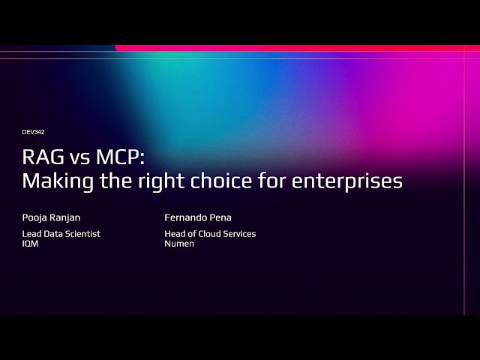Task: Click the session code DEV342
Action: tap(34, 132)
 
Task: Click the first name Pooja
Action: tap(34, 218)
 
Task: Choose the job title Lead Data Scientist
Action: tap(61, 234)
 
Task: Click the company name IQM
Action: tap(30, 244)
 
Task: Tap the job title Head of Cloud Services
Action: tap(210, 234)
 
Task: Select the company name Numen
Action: tap(179, 244)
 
